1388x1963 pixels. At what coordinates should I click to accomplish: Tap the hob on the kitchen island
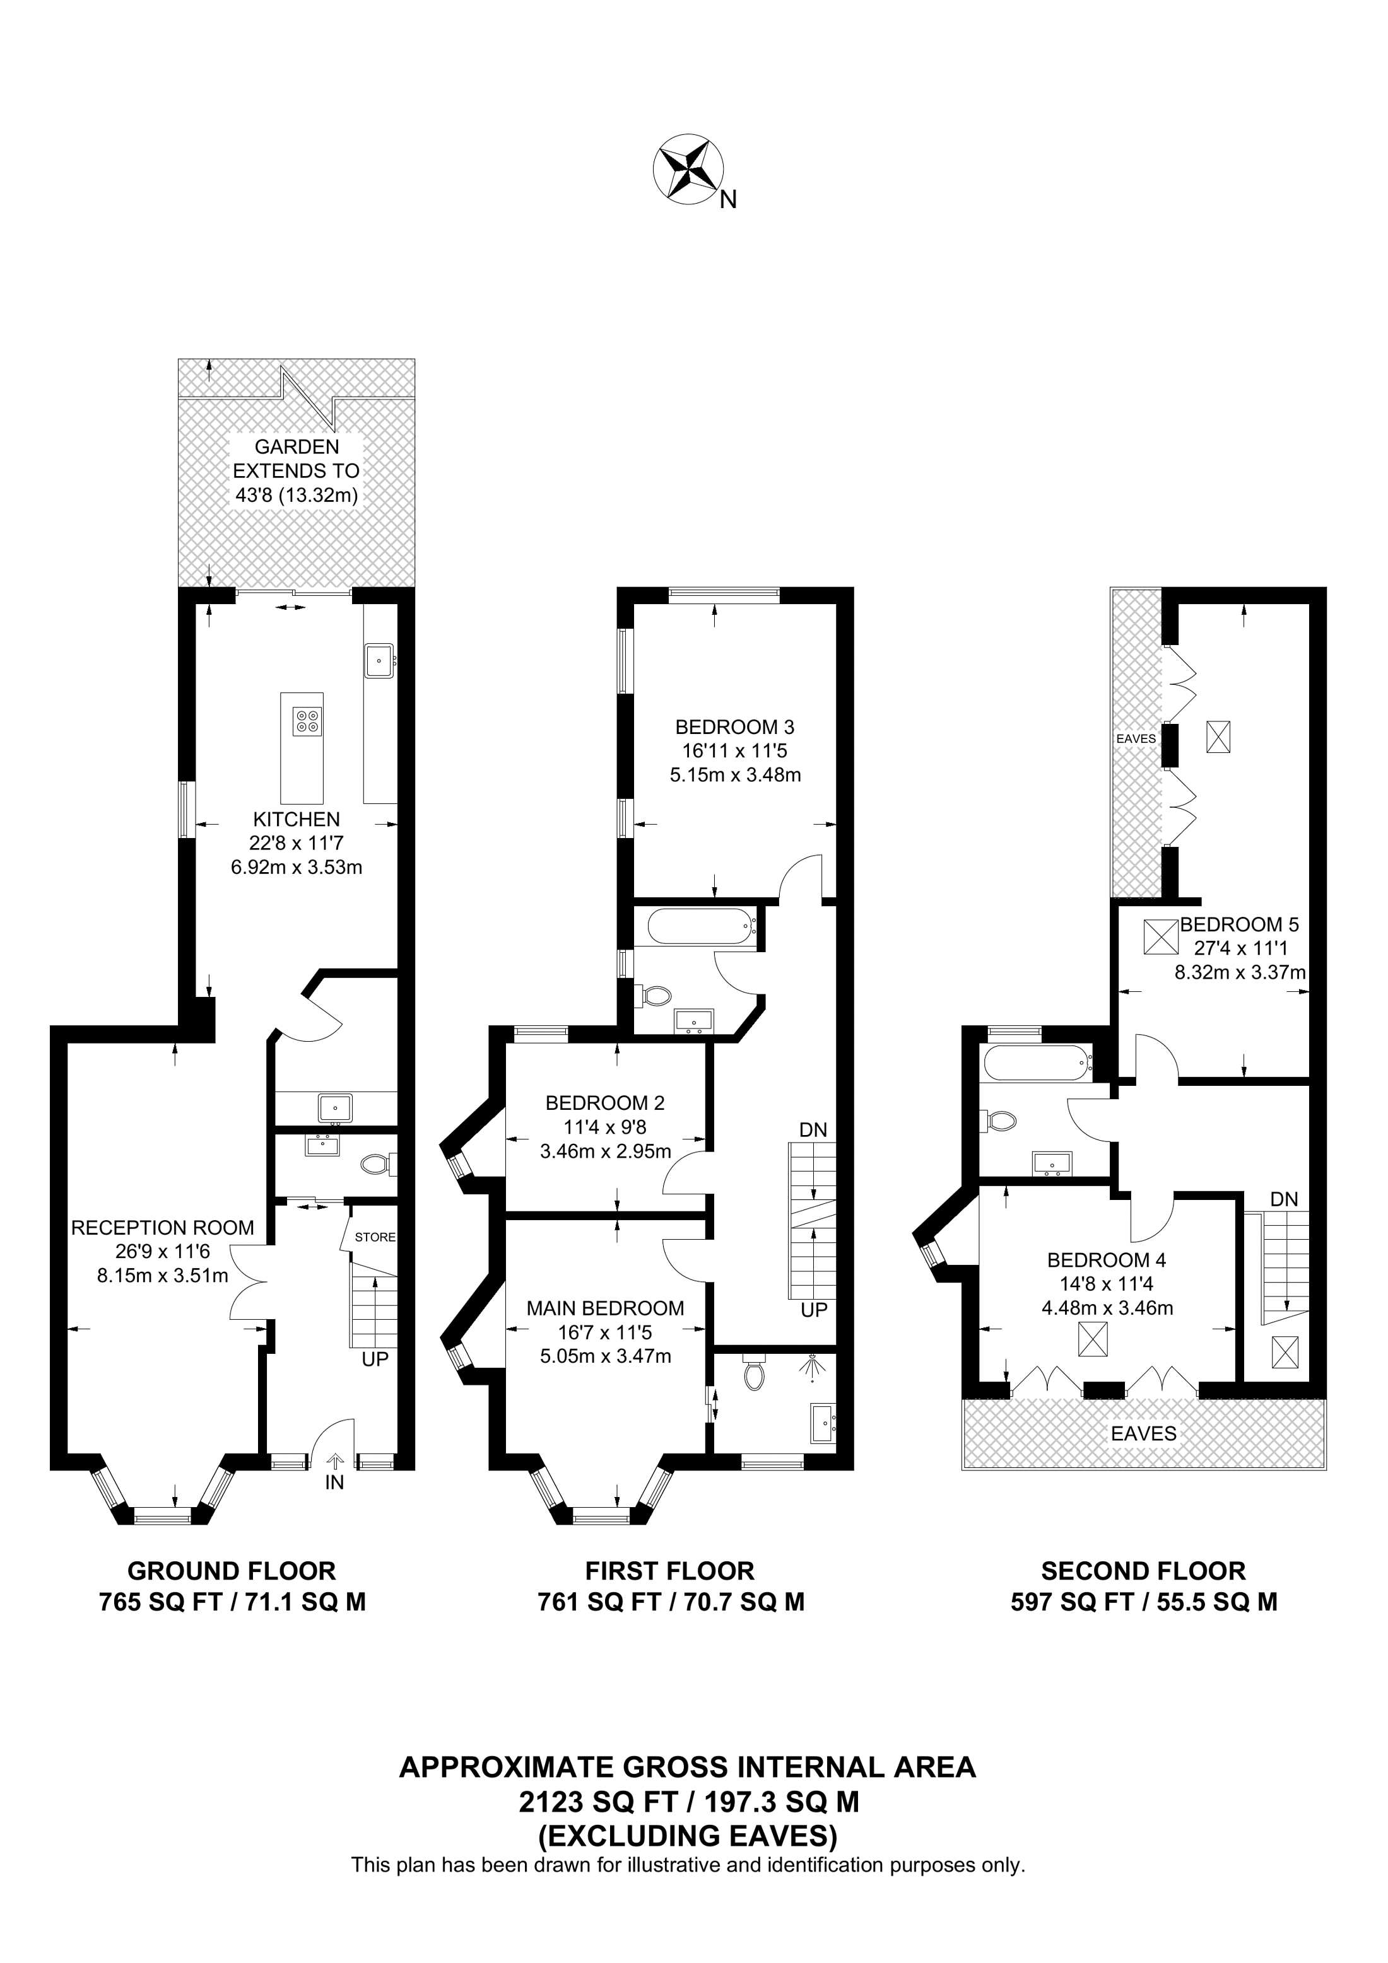point(306,721)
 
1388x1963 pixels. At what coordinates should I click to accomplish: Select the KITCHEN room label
point(296,818)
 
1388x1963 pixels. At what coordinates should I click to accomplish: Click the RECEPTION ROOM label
point(163,1228)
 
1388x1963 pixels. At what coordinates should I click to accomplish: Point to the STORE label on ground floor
point(375,1237)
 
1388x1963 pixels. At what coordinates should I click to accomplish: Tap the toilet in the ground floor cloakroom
point(376,1163)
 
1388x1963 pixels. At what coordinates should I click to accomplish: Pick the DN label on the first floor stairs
point(813,1129)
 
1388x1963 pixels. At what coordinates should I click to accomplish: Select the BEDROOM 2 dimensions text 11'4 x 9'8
point(606,1127)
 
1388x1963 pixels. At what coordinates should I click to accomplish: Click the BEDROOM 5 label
point(1239,924)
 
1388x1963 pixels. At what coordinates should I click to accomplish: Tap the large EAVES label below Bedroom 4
point(1143,1434)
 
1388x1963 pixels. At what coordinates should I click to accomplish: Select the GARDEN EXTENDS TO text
point(296,458)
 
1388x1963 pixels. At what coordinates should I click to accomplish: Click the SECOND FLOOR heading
point(1143,1571)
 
